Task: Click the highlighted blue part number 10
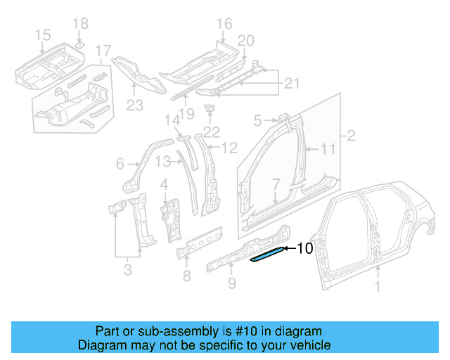click(x=268, y=254)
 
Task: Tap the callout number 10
click(x=304, y=248)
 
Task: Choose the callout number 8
click(x=186, y=276)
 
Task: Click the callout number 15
click(x=42, y=34)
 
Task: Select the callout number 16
click(x=224, y=25)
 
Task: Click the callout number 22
click(x=212, y=131)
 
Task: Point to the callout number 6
click(x=121, y=165)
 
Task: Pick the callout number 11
click(x=329, y=149)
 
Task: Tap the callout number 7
click(x=276, y=184)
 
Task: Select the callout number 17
click(x=103, y=50)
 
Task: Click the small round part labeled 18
click(x=80, y=45)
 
